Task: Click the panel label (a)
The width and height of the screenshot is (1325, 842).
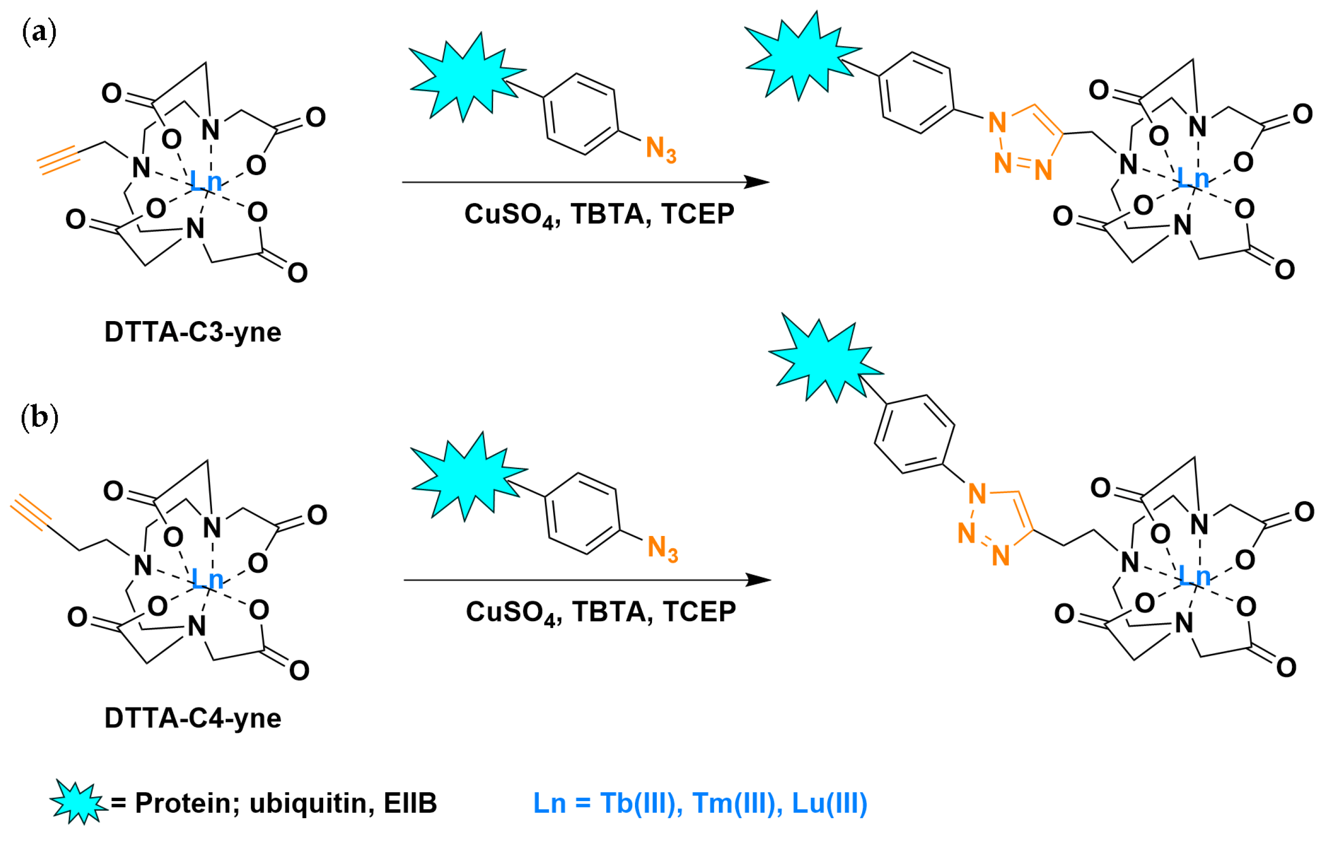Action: [39, 33]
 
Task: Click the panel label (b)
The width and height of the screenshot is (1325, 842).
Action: [39, 418]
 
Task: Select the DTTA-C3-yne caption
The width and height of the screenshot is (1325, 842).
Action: [192, 333]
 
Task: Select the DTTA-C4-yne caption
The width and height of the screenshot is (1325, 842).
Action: [192, 719]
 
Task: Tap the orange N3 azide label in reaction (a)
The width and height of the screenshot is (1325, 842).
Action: [660, 149]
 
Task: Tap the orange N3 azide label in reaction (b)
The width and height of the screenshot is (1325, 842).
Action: [662, 548]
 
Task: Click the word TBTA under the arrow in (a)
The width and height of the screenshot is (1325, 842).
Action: [606, 214]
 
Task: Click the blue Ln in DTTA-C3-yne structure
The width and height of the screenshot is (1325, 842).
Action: [205, 181]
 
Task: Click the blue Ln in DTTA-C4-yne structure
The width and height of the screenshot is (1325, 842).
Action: [207, 579]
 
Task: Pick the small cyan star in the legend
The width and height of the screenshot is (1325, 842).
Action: [78, 802]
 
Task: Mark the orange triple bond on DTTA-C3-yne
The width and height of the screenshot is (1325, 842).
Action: [58, 160]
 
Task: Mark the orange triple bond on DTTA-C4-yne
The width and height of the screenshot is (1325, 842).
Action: [31, 512]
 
